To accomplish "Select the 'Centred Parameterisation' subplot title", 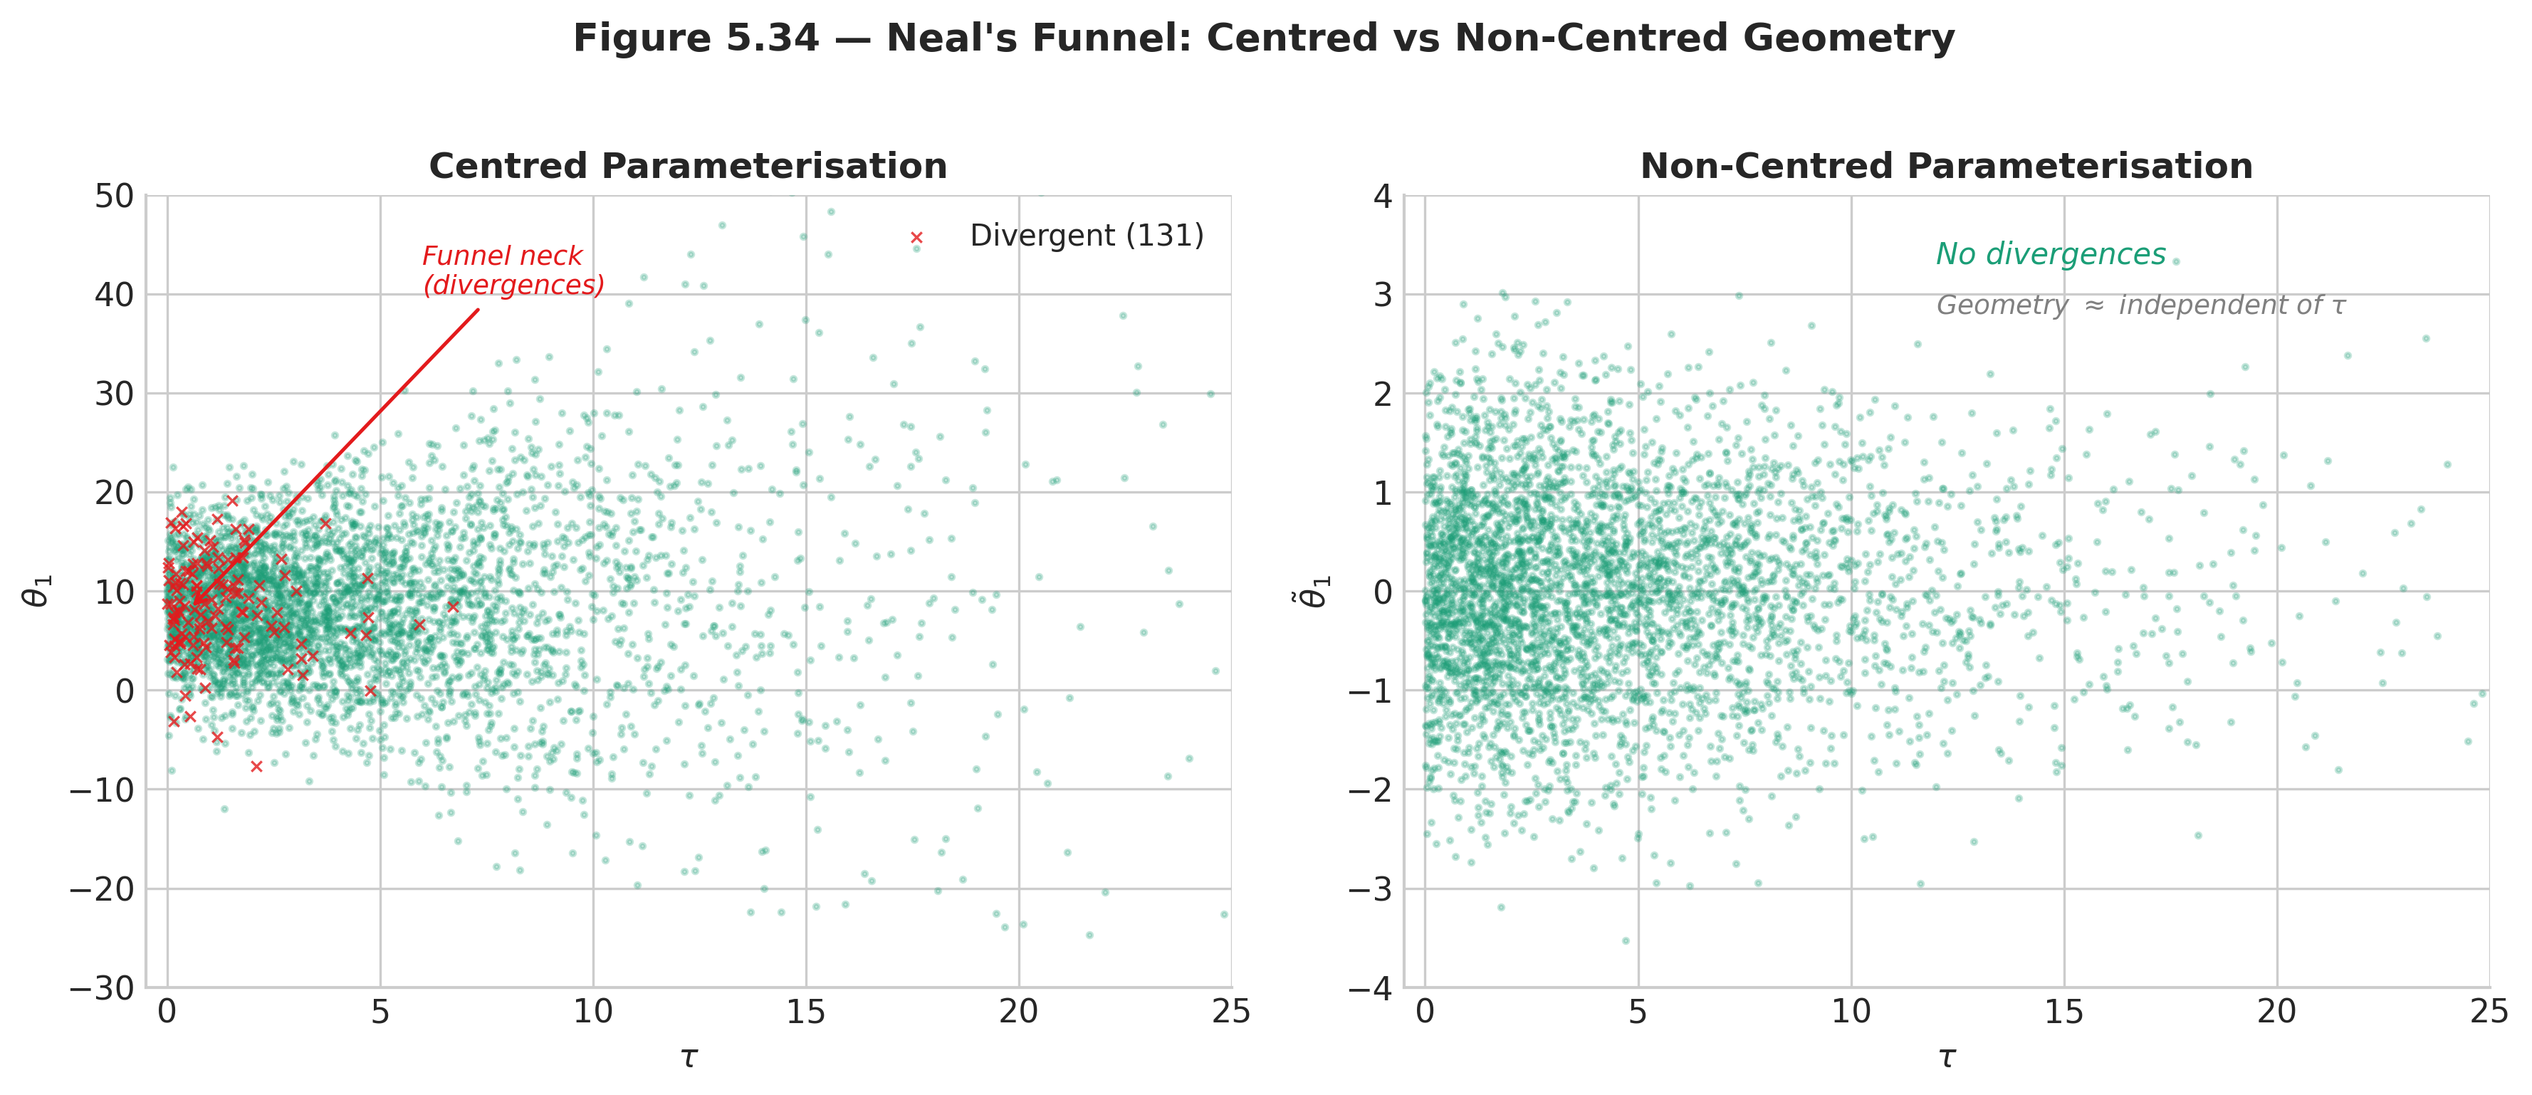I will (688, 166).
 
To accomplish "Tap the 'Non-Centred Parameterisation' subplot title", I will (1946, 166).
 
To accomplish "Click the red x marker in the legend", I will (916, 238).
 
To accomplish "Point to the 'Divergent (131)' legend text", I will (1086, 236).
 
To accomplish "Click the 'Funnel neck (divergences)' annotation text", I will (512, 271).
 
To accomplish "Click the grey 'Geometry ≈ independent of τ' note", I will (2140, 305).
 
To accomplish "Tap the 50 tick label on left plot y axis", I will (115, 196).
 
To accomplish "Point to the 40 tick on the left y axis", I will (115, 295).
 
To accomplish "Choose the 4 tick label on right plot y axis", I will (1383, 196).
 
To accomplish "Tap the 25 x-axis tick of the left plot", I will (1230, 1012).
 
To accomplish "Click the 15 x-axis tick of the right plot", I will (2063, 1012).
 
